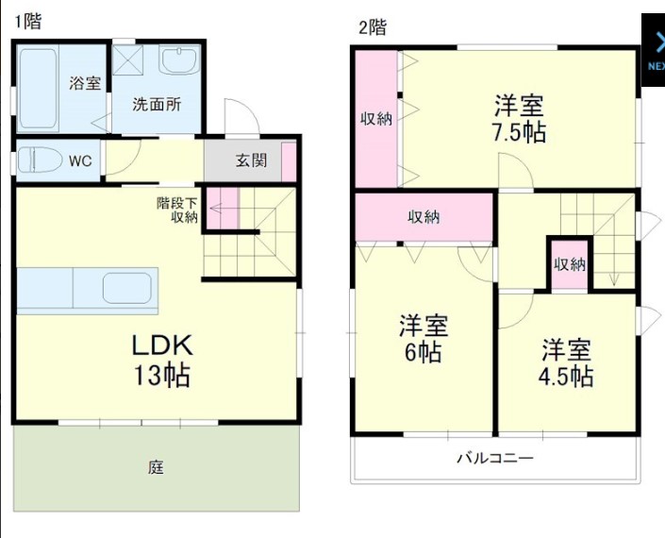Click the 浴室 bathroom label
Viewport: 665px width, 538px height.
coord(85,83)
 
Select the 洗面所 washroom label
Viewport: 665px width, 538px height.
coord(157,105)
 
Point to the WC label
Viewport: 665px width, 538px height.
coord(80,160)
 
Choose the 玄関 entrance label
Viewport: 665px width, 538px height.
coord(251,160)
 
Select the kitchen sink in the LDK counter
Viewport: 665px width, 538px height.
coord(128,289)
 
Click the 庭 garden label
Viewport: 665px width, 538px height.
coord(156,467)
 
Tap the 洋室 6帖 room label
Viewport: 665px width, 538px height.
coord(423,339)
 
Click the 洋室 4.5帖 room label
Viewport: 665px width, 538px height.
coord(566,362)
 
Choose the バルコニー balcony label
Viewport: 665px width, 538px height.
coord(495,459)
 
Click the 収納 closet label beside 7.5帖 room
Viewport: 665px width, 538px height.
coord(377,119)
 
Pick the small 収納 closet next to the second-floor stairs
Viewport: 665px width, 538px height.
coord(570,263)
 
